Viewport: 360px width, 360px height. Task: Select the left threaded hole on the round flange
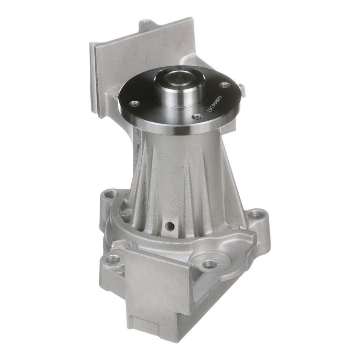tap(135, 103)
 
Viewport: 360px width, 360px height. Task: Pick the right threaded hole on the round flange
tap(226, 85)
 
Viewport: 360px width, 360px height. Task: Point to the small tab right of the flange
tap(241, 89)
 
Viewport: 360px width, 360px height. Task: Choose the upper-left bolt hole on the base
tap(112, 195)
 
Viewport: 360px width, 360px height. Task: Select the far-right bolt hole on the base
tap(255, 215)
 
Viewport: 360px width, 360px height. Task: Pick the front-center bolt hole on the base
tap(210, 264)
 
